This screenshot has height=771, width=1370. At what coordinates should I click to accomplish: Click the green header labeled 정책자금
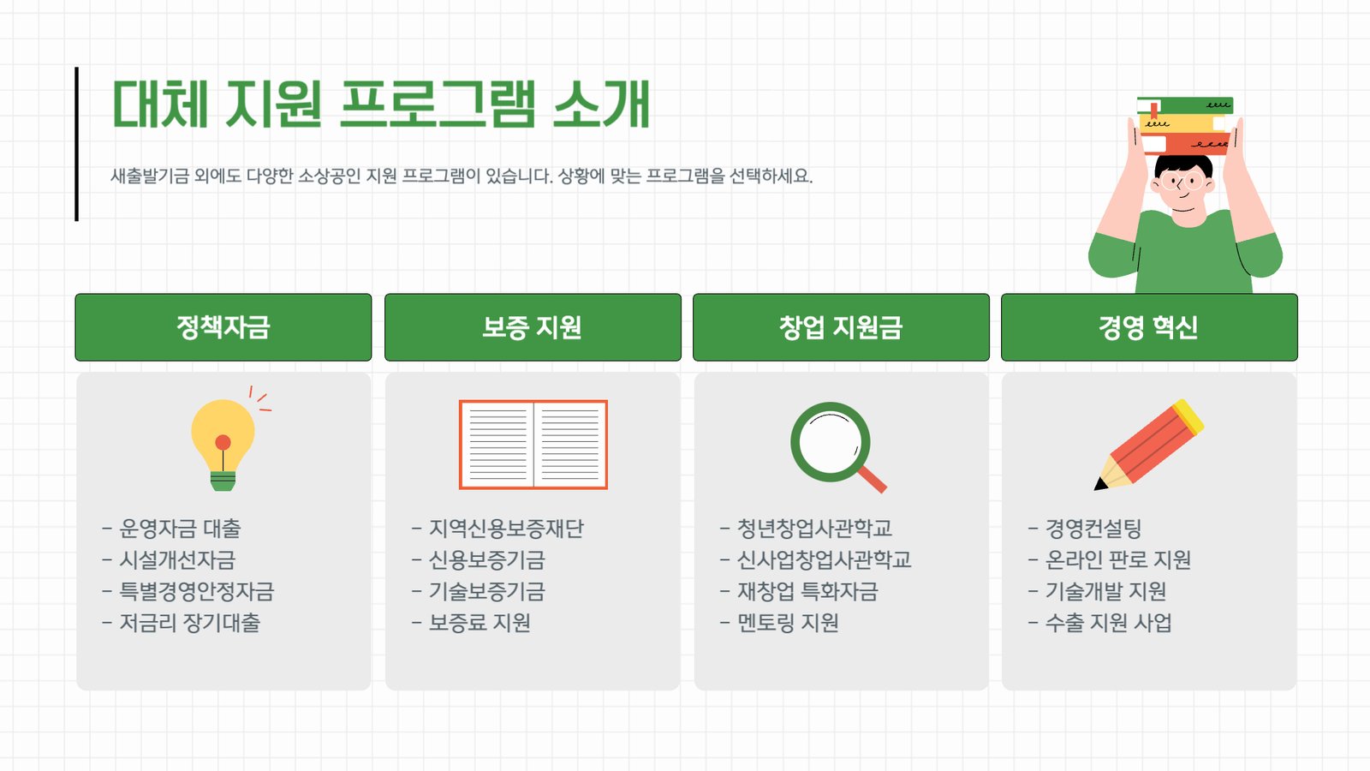[x=223, y=327]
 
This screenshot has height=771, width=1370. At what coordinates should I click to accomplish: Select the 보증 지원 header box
[x=533, y=327]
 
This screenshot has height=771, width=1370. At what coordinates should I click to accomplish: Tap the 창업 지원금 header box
[x=841, y=327]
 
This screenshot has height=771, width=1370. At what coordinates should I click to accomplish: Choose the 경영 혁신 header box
[x=1149, y=327]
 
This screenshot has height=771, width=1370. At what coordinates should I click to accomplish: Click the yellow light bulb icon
[x=223, y=440]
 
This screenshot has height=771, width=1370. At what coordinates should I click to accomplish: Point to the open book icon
[x=533, y=445]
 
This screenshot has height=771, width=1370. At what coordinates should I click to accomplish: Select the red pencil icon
[x=1148, y=445]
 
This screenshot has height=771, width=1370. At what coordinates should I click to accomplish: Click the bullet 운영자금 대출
[x=172, y=528]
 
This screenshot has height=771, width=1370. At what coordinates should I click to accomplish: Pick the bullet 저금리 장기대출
[x=181, y=623]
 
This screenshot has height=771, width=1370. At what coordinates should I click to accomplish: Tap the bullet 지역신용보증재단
[x=497, y=528]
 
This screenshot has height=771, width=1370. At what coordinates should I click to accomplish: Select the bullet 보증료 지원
[x=471, y=623]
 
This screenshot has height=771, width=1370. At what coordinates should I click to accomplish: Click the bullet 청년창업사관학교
[x=806, y=528]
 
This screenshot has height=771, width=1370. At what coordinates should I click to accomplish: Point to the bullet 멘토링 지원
[x=779, y=623]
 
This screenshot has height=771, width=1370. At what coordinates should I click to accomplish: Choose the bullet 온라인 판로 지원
[x=1110, y=560]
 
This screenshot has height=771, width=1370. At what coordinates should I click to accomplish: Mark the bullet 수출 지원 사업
[x=1100, y=623]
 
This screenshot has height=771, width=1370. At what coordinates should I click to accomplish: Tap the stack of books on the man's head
[x=1185, y=125]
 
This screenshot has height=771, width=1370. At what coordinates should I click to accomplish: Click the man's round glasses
[x=1182, y=182]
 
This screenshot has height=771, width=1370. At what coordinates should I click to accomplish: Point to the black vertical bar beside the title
[x=76, y=144]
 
